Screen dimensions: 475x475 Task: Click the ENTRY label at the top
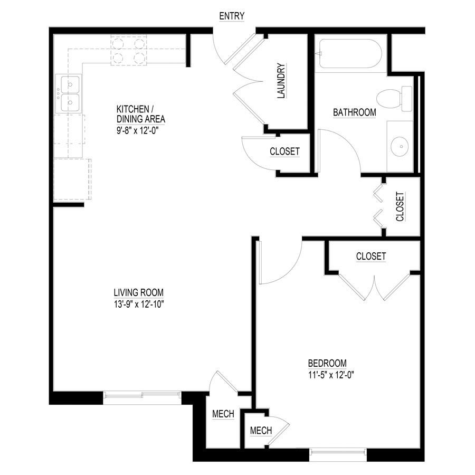pyautogui.click(x=232, y=16)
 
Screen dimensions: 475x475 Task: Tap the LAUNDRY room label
pyautogui.click(x=281, y=81)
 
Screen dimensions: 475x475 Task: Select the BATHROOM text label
pyautogui.click(x=354, y=112)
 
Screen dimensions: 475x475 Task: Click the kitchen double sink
pyautogui.click(x=70, y=93)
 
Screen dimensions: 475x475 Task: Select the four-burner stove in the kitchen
pyautogui.click(x=128, y=50)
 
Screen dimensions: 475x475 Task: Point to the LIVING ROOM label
pyautogui.click(x=139, y=292)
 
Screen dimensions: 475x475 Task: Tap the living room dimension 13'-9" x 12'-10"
pyautogui.click(x=139, y=304)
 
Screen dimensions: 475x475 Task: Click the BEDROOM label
pyautogui.click(x=327, y=363)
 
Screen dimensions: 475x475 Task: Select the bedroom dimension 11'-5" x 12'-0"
pyautogui.click(x=330, y=375)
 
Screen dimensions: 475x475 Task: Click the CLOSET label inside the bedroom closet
pyautogui.click(x=370, y=256)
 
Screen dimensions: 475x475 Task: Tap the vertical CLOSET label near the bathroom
pyautogui.click(x=400, y=206)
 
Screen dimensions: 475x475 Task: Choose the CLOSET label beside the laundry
pyautogui.click(x=284, y=151)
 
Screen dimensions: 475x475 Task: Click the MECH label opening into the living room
pyautogui.click(x=223, y=415)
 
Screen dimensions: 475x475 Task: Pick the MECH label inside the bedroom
pyautogui.click(x=261, y=431)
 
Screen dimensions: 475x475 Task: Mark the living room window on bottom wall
pyautogui.click(x=142, y=394)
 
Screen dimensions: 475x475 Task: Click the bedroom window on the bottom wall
pyautogui.click(x=338, y=451)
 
